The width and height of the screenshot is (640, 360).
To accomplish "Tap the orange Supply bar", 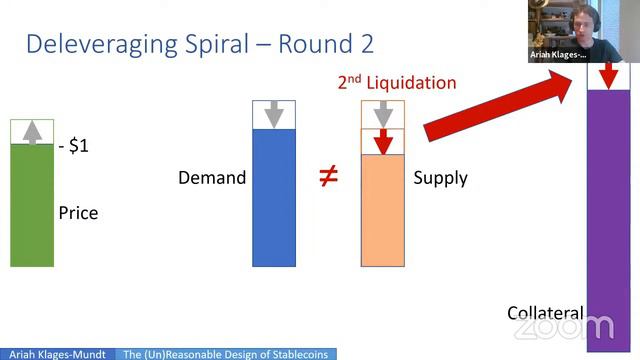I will click(x=382, y=210).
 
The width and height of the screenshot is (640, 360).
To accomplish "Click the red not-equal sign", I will click(x=328, y=177).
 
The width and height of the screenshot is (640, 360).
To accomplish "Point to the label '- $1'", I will click(x=74, y=146).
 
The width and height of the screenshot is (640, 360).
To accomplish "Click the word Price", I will click(x=78, y=212).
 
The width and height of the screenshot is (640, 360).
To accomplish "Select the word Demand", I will click(x=212, y=178).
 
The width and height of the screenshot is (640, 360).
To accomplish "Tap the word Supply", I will click(x=440, y=178).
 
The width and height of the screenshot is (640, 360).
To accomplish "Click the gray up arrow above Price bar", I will click(x=32, y=131).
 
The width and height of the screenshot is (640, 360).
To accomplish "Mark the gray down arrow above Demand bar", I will click(x=274, y=115).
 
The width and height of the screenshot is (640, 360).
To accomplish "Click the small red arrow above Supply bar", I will click(x=382, y=142).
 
